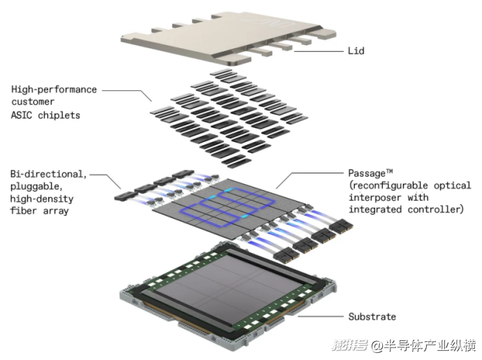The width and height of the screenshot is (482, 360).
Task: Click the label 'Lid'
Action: tap(356, 51)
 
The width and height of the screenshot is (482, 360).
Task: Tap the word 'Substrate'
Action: tap(372, 317)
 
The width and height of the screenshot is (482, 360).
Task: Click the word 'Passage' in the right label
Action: tap(367, 173)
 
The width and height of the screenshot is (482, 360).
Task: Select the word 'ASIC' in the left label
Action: tap(21, 115)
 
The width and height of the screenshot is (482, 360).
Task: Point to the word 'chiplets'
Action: tap(59, 115)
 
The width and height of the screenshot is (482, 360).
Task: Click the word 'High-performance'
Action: tap(54, 89)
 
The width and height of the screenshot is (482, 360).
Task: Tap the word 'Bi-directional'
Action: tap(47, 174)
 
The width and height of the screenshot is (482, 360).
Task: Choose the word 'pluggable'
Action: tap(36, 187)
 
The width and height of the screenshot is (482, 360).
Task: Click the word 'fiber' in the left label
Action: tap(23, 211)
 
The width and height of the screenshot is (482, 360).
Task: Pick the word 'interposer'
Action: tap(374, 198)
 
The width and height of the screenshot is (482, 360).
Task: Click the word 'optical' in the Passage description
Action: tap(452, 185)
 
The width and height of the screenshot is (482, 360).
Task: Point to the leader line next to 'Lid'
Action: tap(319, 51)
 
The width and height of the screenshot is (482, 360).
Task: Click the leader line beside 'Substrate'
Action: tap(321, 316)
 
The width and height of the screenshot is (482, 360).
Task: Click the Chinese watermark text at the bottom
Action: tap(404, 346)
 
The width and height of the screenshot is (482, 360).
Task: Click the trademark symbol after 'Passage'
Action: tap(389, 171)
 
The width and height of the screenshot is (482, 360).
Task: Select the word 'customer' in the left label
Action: tap(33, 102)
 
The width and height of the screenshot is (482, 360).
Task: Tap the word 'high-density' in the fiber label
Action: tap(42, 199)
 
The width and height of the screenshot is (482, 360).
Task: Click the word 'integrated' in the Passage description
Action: tap(375, 210)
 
